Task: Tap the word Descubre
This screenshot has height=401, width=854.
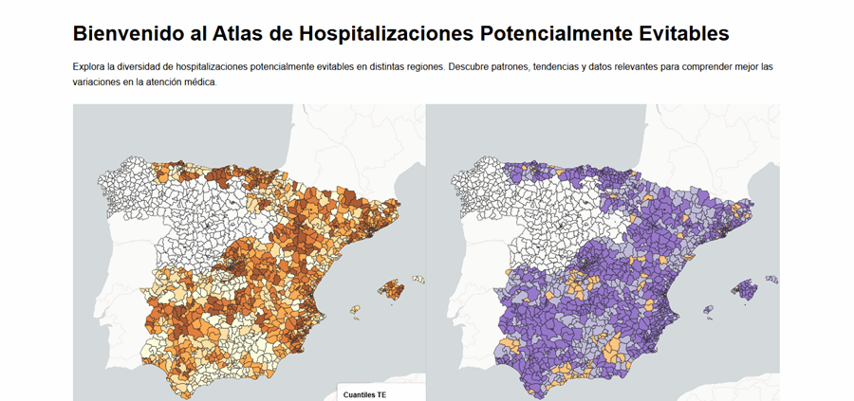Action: pyautogui.click(x=472, y=67)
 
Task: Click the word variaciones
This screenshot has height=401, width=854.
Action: pyautogui.click(x=98, y=82)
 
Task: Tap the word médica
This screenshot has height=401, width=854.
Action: pyautogui.click(x=199, y=82)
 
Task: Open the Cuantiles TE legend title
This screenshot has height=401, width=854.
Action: pyautogui.click(x=364, y=393)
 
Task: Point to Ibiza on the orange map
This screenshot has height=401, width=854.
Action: pyautogui.click(x=355, y=309)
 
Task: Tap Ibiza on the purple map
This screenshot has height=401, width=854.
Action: pyautogui.click(x=708, y=309)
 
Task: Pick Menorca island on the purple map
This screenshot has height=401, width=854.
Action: pyautogui.click(x=771, y=279)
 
